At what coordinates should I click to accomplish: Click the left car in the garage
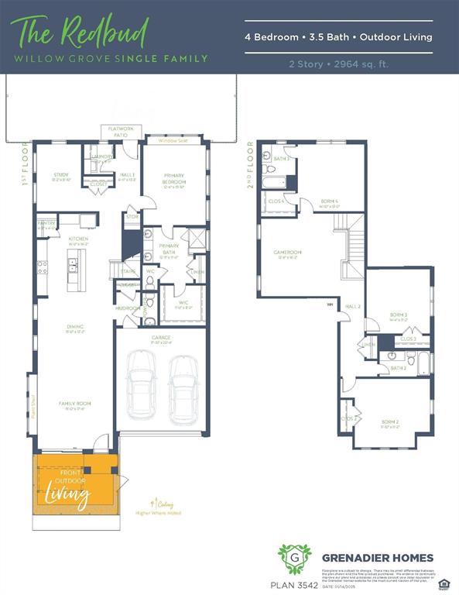141,383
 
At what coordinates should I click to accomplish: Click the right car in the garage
183,383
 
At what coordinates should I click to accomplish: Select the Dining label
75,327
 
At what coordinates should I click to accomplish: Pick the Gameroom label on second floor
286,253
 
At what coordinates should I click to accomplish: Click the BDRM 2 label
389,423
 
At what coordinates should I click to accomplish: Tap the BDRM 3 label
399,315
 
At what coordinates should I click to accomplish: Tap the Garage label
161,338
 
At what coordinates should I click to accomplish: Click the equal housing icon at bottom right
444,583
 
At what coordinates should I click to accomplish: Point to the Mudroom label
127,308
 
